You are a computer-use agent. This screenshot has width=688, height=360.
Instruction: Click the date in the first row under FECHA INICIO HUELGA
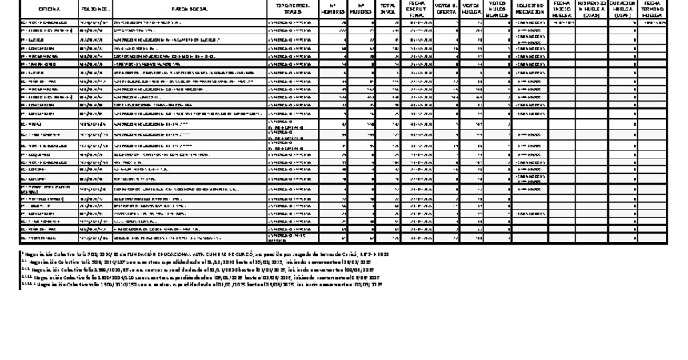pyautogui.click(x=562, y=23)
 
